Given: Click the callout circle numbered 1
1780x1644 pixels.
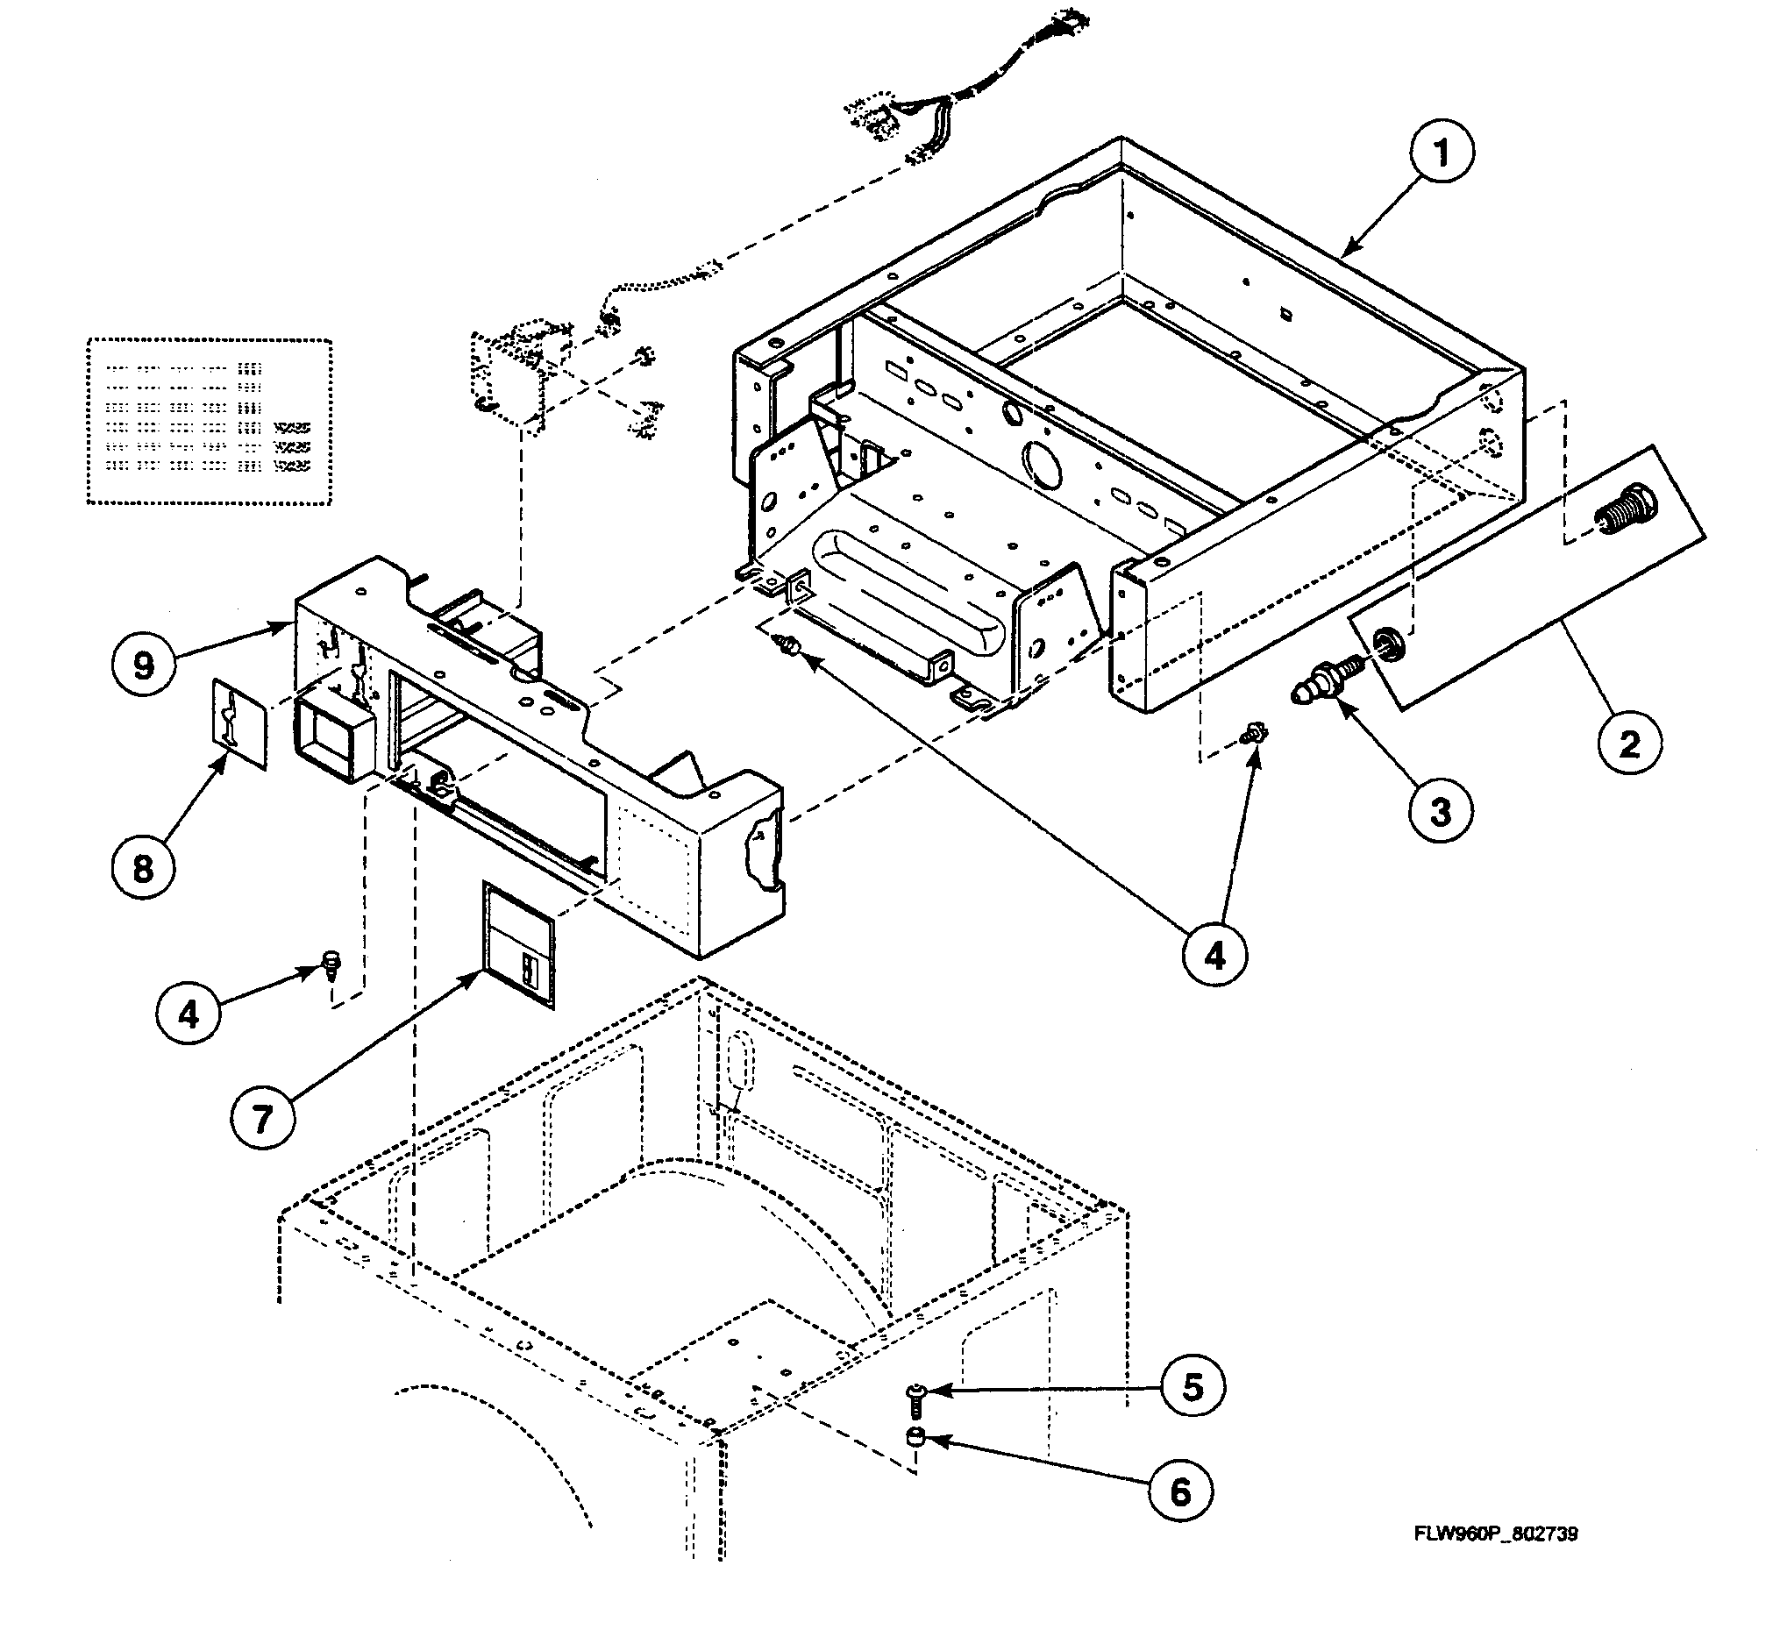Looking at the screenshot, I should tap(1441, 153).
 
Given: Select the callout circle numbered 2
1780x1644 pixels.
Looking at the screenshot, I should tap(1629, 743).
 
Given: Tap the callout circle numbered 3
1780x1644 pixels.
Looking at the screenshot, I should tap(1440, 810).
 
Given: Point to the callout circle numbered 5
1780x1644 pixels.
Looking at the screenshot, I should tap(1192, 1387).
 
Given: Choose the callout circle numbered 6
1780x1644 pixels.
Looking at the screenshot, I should tap(1180, 1492).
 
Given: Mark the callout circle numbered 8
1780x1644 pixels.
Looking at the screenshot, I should tap(143, 868).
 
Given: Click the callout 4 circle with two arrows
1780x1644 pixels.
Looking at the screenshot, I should tap(1214, 957).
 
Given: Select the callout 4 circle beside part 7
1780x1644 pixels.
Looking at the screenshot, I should tap(189, 1014).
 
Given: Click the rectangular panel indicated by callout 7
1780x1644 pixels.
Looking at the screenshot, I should tap(517, 944).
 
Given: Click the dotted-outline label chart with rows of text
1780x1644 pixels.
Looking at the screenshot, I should tap(209, 422).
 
